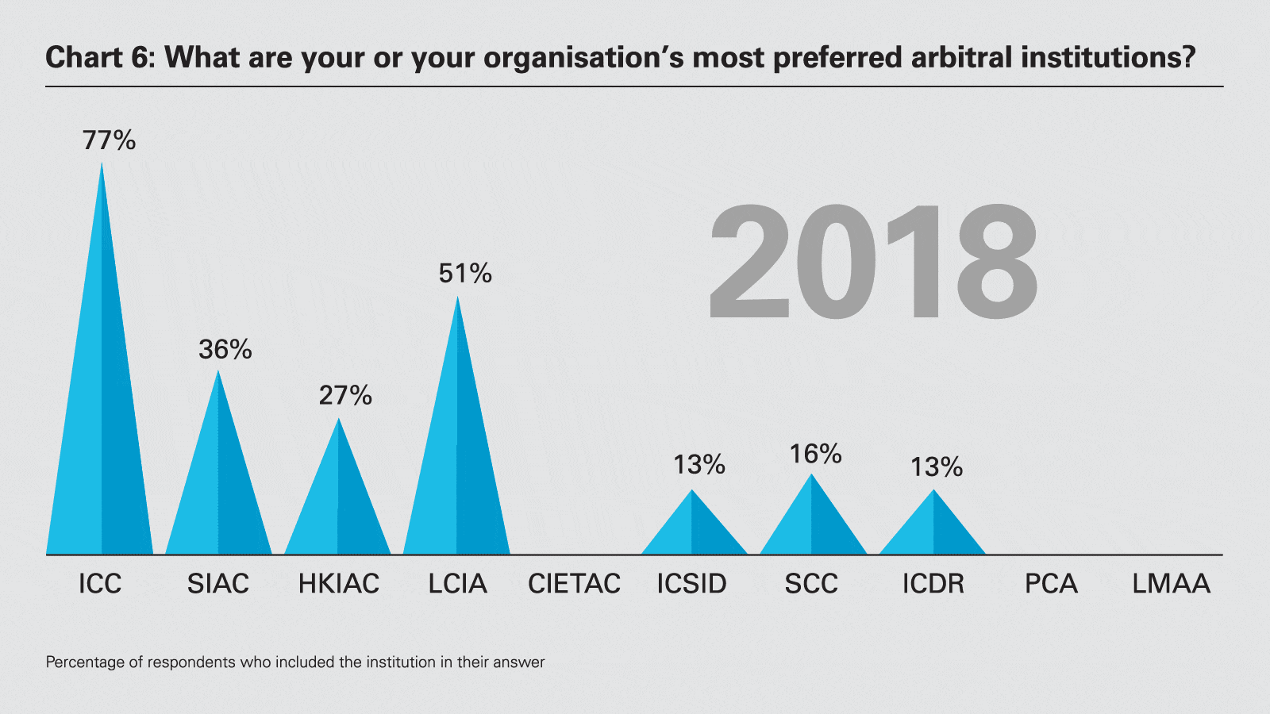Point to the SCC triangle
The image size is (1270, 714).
click(812, 524)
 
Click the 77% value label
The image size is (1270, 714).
click(109, 140)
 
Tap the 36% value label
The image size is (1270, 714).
click(225, 349)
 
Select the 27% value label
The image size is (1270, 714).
click(345, 395)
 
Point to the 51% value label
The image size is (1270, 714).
click(465, 274)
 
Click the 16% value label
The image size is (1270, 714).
click(815, 454)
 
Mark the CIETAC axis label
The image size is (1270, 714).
click(574, 584)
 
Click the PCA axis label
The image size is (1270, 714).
click(1051, 584)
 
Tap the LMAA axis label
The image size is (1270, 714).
click(1171, 584)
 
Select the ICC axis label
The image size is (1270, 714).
click(100, 584)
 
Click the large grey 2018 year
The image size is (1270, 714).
click(873, 262)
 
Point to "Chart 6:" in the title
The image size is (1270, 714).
click(100, 58)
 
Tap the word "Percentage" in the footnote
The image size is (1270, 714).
click(85, 662)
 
